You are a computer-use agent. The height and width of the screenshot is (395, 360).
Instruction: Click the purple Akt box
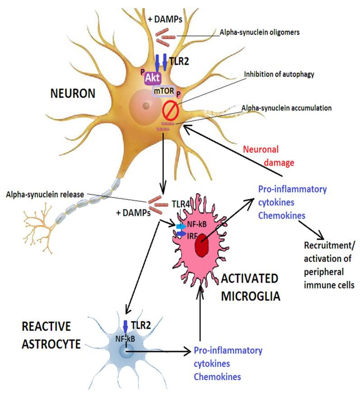pos(152,78)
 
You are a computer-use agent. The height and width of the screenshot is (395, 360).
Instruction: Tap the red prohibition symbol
pos(170,110)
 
